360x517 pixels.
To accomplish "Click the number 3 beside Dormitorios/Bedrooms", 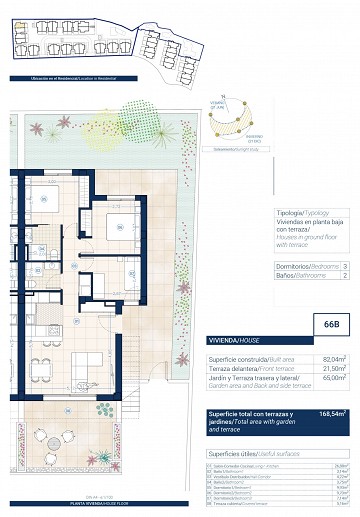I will (x=344, y=267).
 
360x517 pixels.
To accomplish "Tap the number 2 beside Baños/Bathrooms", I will (x=344, y=277).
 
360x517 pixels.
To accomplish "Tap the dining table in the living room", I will (x=40, y=367).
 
